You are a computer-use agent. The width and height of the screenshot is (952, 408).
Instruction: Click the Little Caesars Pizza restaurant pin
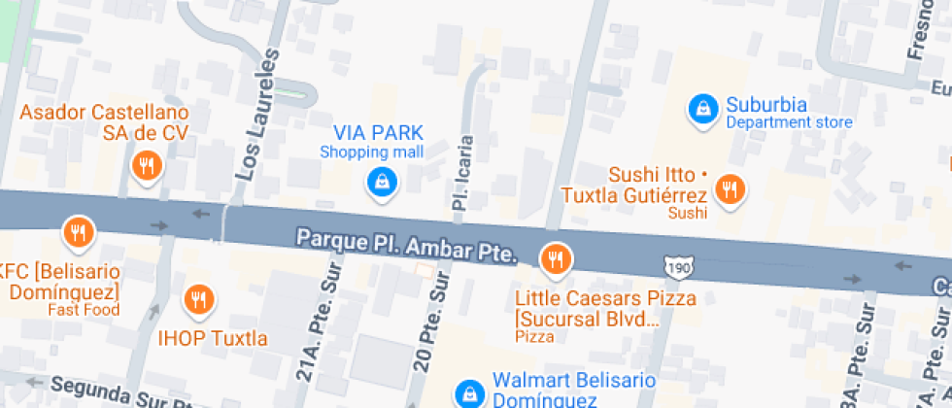tap(556, 259)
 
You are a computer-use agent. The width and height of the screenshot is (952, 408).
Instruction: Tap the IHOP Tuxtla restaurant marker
tap(199, 301)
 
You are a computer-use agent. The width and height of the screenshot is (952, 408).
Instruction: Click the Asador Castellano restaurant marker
tap(146, 166)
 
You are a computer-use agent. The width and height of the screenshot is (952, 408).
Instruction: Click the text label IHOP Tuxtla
tap(213, 339)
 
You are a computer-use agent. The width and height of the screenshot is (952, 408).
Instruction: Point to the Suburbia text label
tap(766, 104)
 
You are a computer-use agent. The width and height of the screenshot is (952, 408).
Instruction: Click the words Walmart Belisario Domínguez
tap(545, 389)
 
